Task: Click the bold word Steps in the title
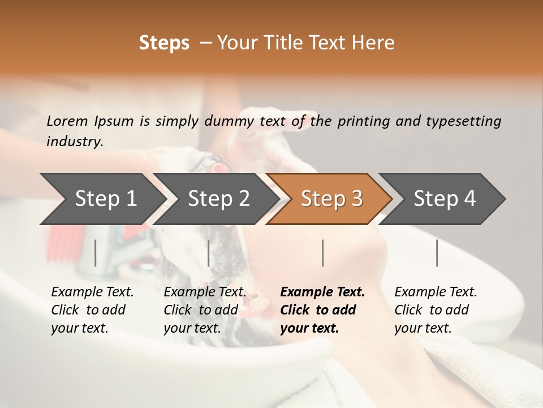(x=164, y=43)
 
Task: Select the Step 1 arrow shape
(x=102, y=198)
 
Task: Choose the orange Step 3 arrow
(x=331, y=198)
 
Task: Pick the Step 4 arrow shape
(x=445, y=198)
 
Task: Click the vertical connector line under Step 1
(x=95, y=253)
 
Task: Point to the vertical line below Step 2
(x=209, y=253)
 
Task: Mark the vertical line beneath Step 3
(x=322, y=253)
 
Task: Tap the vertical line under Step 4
(x=437, y=253)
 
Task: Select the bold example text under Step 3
(x=322, y=310)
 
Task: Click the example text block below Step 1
(x=92, y=310)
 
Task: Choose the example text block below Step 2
(x=204, y=310)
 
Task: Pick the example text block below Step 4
(x=435, y=310)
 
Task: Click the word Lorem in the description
(x=67, y=121)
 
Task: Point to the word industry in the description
(x=75, y=141)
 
